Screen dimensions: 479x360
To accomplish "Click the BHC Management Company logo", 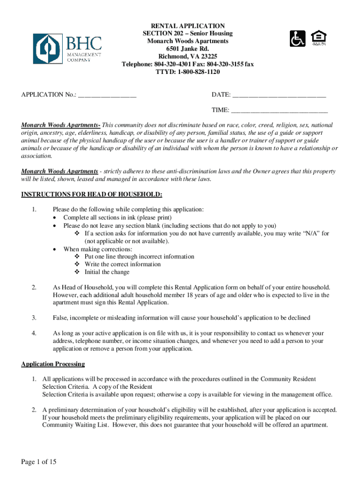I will pos(67,49).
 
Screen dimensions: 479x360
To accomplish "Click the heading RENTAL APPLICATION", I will pos(187,26).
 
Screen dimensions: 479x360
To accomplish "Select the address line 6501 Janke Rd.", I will pos(187,49).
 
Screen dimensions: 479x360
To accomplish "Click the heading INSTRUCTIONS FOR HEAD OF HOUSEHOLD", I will pos(92,195).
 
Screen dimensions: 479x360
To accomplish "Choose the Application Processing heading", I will pos(53,364).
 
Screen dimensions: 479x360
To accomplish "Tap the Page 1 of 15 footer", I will pos(39,462).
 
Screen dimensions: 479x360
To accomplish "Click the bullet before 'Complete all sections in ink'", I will pos(56,218).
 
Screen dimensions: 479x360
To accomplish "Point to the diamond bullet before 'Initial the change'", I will pos(77,272).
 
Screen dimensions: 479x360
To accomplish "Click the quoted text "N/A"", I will pos(312,233).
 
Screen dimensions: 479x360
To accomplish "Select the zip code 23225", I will pos(207,57).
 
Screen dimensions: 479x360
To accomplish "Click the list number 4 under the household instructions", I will pos(34,334).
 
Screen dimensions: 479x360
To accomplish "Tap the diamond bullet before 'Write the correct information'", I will pos(77,264).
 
